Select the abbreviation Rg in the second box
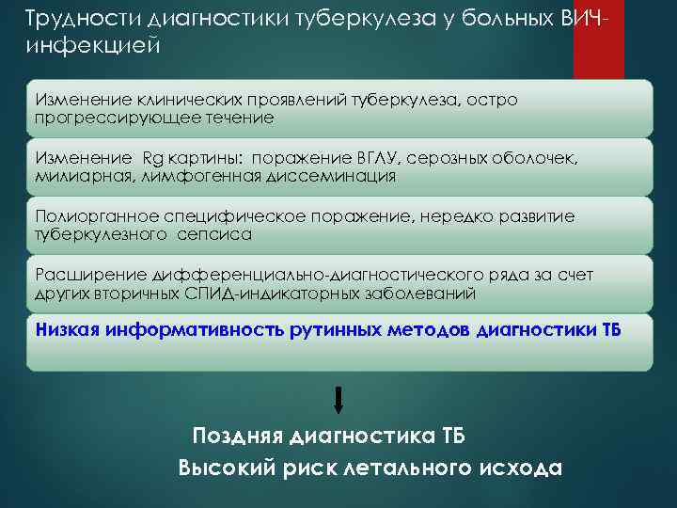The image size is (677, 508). point(152,157)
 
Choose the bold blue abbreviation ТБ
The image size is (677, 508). point(609,330)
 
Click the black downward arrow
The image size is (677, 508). point(338,399)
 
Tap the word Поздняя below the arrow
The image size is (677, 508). point(239,437)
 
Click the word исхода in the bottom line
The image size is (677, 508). point(513,468)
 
